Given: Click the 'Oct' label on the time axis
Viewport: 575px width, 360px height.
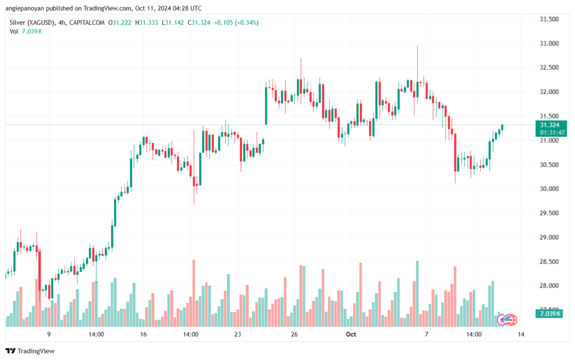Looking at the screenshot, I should pos(351,335).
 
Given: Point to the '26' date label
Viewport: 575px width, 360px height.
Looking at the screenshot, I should pos(294,335).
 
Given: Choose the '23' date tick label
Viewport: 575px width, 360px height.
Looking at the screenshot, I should pos(238,335).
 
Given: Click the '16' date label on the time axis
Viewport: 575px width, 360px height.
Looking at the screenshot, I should pos(144,335).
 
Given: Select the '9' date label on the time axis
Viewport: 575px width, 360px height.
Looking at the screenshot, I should pos(49,335).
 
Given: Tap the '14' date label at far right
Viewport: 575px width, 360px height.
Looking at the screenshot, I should pos(521,335).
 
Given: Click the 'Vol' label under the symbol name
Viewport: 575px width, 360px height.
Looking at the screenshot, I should pos(14,31).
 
